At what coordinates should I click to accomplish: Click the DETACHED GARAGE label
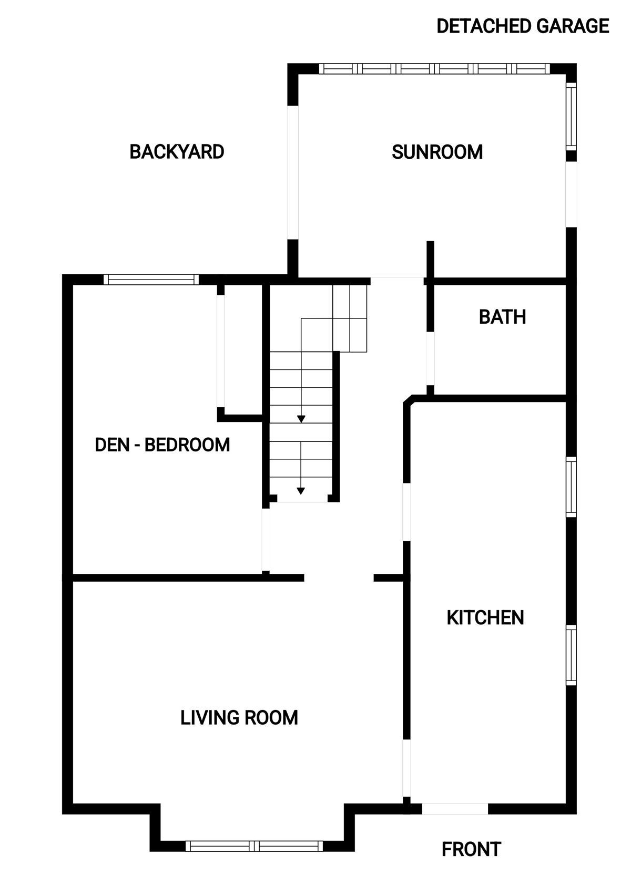coord(523,26)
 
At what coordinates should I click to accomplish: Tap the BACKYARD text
coord(177,152)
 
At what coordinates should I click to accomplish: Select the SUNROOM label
coord(437,152)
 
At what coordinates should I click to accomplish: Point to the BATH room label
coord(502,317)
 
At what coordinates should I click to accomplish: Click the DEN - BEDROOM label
coord(162,445)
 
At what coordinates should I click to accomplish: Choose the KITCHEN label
coord(485,618)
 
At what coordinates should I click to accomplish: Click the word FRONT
coord(471,850)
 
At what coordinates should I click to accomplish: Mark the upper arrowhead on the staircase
coord(301,419)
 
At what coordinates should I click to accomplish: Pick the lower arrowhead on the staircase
coord(301,491)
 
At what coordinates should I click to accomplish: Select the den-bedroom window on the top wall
coord(151,279)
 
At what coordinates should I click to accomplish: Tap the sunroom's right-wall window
coord(572,116)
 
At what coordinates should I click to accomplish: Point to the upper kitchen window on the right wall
coord(572,487)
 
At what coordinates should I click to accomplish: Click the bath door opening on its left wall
coord(430,358)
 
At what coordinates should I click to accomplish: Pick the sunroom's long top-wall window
coord(434,69)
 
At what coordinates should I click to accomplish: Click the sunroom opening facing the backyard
coord(293,172)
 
